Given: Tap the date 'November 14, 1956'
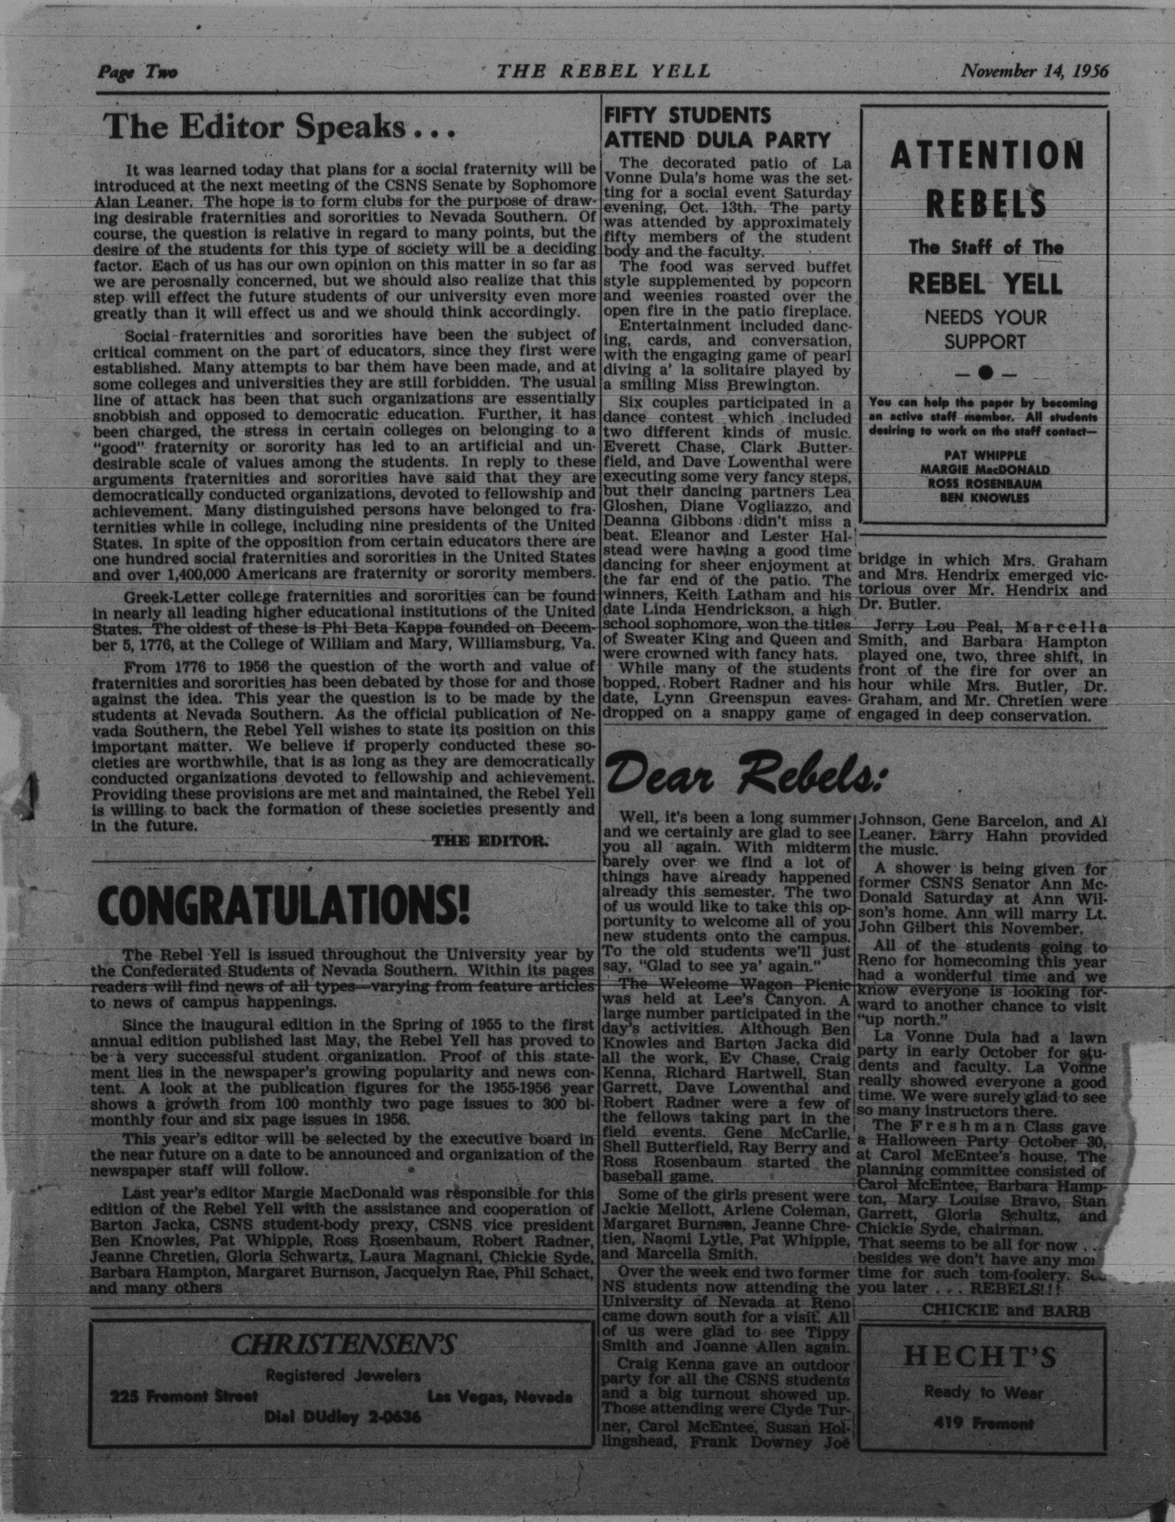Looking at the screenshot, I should (x=1035, y=71).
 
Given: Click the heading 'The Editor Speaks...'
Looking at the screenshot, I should (x=278, y=128).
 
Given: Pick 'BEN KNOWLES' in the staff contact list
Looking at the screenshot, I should (x=984, y=498).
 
